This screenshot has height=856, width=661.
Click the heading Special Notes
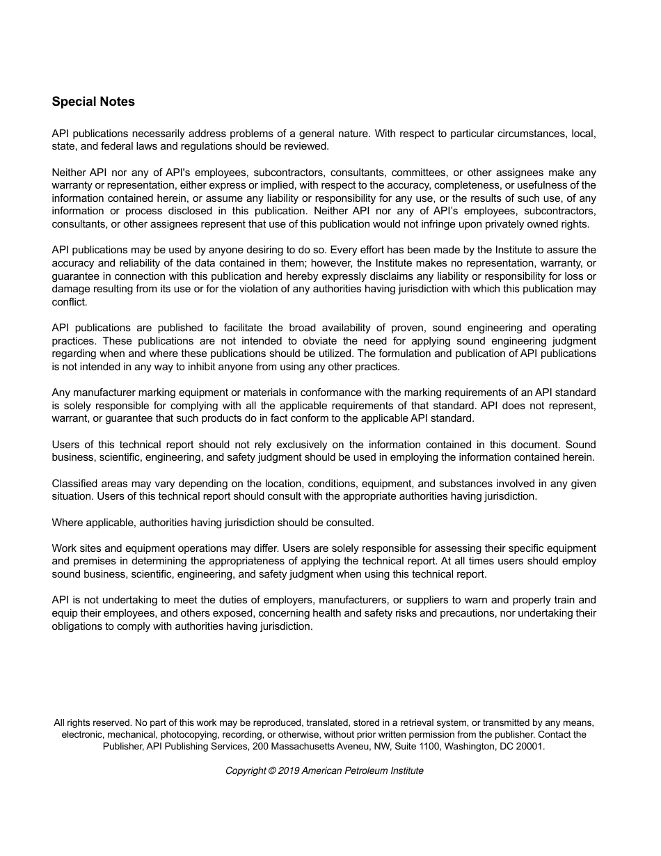[x=93, y=102]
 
